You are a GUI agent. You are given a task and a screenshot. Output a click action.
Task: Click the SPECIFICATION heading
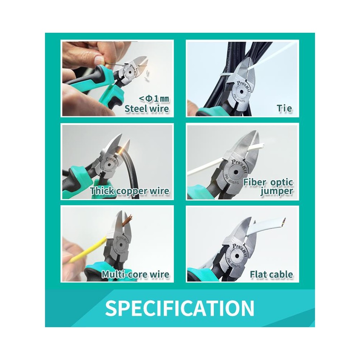(180, 308)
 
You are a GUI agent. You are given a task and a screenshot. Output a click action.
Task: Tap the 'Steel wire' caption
(147, 108)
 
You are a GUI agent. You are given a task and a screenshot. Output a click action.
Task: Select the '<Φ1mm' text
(154, 99)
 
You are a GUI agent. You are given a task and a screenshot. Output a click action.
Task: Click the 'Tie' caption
(284, 108)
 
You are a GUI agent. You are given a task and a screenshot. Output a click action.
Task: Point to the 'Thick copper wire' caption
(130, 191)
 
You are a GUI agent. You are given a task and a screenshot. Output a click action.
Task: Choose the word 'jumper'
(276, 191)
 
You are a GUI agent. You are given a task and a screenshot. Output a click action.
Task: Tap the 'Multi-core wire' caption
(135, 274)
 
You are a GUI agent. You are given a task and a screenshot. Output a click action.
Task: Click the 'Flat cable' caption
(271, 274)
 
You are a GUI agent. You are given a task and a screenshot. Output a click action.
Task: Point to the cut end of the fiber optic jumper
(262, 145)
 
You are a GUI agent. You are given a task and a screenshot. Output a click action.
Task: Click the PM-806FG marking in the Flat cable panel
(234, 263)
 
